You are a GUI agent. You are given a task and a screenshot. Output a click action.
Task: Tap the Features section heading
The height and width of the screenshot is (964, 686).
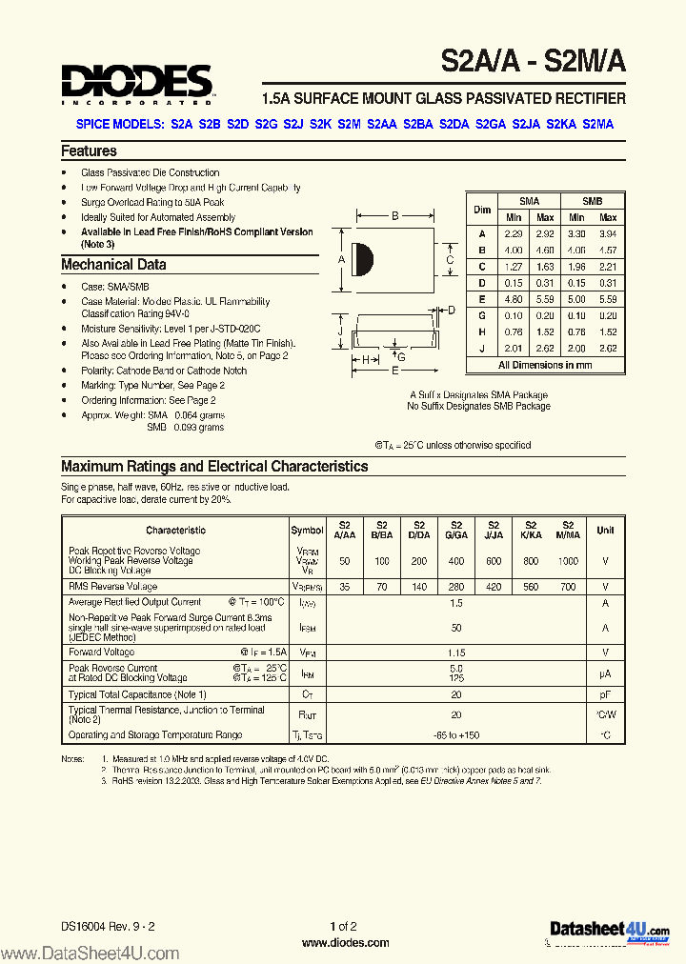pos(89,151)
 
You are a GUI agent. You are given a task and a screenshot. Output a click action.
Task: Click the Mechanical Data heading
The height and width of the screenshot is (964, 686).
pos(113,265)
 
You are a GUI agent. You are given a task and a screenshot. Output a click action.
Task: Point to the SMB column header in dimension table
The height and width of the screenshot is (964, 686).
pos(592,201)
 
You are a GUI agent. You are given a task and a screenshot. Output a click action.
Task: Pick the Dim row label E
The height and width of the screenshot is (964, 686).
pos(482,298)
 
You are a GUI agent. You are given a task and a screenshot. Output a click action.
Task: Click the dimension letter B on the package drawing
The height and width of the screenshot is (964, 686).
pos(394,216)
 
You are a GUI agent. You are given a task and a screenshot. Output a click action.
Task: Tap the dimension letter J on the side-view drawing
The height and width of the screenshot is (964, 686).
pos(339,331)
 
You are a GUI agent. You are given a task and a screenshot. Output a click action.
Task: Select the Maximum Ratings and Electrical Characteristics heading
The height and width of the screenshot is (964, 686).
pos(214,467)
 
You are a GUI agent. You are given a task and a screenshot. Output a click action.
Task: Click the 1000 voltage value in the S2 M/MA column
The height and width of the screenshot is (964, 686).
pos(568,561)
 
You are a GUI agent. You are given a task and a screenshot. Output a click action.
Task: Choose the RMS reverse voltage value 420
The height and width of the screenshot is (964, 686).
pos(493,588)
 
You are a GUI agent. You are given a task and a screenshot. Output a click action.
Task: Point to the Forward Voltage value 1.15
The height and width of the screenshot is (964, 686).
pos(455,653)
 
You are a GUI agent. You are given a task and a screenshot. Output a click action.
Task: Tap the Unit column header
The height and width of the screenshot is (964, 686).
pos(605,531)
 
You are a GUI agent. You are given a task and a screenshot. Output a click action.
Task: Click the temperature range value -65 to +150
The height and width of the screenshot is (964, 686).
pos(455,734)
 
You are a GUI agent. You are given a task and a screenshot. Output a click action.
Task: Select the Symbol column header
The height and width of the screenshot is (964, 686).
pos(307,531)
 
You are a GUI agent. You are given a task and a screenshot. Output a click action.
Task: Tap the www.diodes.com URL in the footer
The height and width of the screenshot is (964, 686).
pos(345,943)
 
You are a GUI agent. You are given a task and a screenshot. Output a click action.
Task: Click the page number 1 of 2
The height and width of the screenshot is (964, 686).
pos(343,926)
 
